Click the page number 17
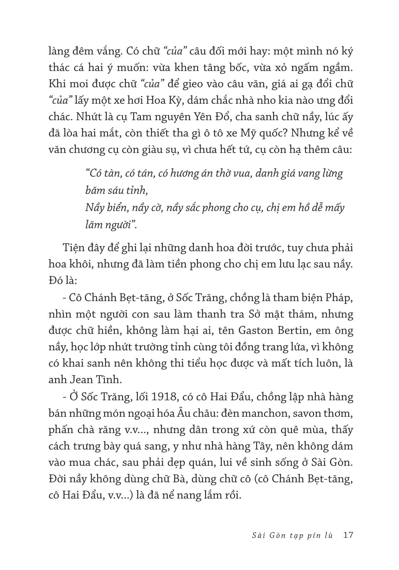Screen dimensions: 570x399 [348, 535]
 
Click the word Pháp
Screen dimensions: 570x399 [339, 297]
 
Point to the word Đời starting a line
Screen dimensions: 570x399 [59, 479]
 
